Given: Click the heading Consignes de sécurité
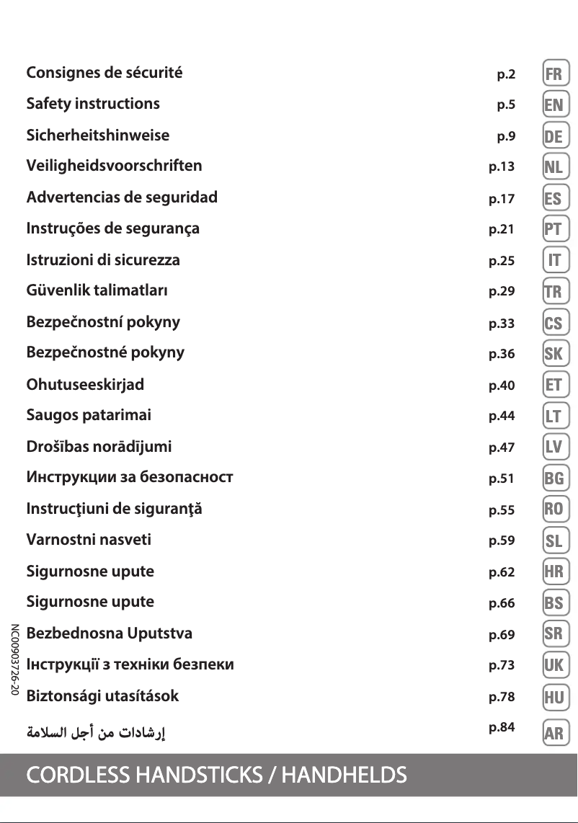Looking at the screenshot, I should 105,73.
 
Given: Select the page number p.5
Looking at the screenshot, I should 506,105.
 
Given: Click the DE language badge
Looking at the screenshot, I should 554,136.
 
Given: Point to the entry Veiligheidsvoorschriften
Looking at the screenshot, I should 114,166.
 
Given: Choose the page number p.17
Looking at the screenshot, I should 502,198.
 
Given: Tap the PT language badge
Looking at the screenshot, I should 554,230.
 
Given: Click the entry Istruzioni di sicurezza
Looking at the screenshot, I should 103,259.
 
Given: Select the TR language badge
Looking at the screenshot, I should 553,292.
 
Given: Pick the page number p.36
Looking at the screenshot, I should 502,354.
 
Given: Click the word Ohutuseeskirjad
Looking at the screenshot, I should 85,384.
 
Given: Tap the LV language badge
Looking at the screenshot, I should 554,448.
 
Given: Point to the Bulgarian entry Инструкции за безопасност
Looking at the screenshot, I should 130,477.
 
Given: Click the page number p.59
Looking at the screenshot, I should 502,540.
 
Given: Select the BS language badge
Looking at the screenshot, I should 554,602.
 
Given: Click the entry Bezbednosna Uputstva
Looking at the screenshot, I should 110,633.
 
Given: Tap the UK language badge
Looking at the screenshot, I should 554,665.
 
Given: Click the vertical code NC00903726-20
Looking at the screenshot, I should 14,660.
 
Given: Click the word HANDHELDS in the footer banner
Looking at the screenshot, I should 344,775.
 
